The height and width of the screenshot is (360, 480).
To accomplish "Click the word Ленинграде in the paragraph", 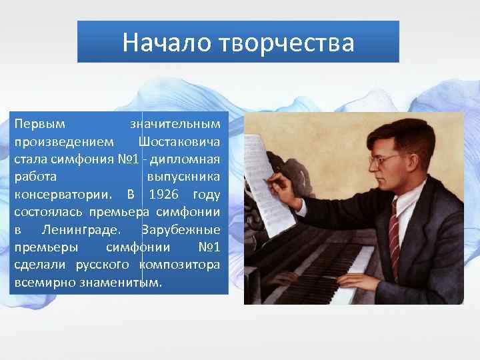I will [81, 230].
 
